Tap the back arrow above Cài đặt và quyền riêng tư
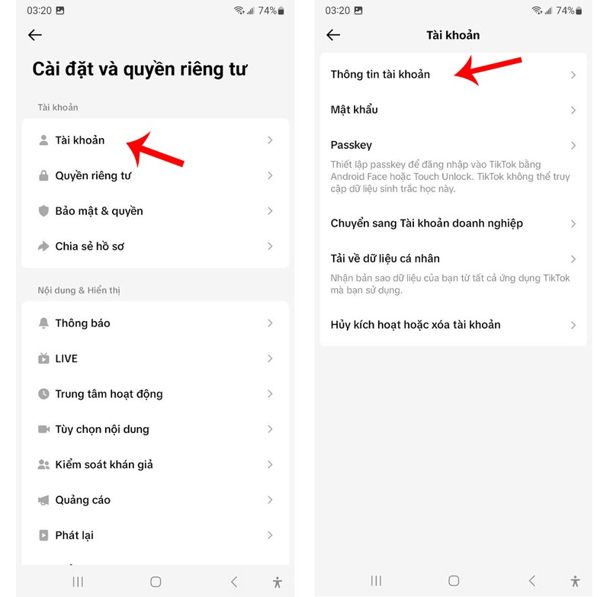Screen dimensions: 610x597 click(x=35, y=35)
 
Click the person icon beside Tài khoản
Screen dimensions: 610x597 click(x=43, y=140)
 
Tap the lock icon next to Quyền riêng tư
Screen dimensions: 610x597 click(x=43, y=175)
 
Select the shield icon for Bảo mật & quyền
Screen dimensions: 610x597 click(x=43, y=210)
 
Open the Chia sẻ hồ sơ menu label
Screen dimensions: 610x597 click(x=90, y=246)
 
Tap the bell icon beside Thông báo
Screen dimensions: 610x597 click(x=43, y=323)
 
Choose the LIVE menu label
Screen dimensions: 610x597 click(x=66, y=358)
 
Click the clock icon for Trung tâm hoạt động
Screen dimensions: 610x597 click(x=43, y=393)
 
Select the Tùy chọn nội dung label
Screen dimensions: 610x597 click(x=102, y=429)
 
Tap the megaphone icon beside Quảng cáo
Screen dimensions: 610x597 click(x=43, y=499)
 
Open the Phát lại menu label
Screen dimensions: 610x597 click(x=74, y=535)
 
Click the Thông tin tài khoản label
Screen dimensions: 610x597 click(x=380, y=74)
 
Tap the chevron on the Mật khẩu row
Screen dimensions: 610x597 click(x=573, y=110)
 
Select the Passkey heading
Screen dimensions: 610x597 click(x=352, y=145)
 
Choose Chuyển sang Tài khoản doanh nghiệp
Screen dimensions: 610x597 click(x=427, y=223)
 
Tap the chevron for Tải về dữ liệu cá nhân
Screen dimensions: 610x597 click(x=573, y=259)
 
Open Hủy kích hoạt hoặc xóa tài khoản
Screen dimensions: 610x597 click(x=416, y=325)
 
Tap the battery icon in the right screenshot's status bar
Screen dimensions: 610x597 click(x=579, y=11)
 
